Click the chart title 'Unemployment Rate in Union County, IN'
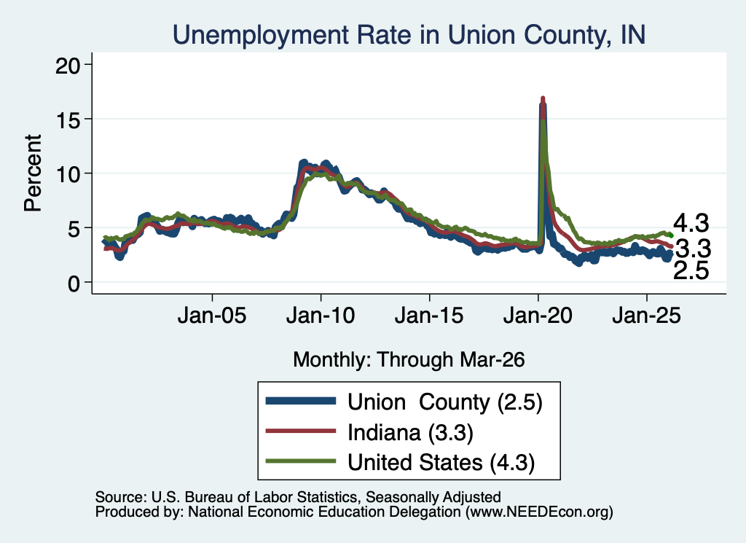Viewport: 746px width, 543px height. (x=409, y=35)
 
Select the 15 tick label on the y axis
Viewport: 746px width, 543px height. (x=67, y=119)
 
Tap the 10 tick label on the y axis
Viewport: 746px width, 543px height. (x=67, y=173)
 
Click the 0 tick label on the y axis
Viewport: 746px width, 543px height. (x=74, y=284)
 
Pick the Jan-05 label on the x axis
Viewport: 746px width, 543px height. (x=212, y=316)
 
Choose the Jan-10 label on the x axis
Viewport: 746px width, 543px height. (x=321, y=316)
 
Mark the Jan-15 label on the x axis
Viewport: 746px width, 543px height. (x=429, y=316)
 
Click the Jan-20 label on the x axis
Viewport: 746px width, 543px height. (x=538, y=316)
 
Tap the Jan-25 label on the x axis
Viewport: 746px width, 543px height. (x=647, y=316)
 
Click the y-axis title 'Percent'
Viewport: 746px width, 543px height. (x=34, y=173)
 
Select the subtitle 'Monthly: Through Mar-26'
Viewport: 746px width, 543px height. (x=409, y=360)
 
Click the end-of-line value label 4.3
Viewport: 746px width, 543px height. (x=691, y=223)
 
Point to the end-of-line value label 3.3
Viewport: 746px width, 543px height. (x=693, y=249)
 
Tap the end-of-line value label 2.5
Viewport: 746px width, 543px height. (x=691, y=271)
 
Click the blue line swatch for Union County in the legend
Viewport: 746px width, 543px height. (x=301, y=401)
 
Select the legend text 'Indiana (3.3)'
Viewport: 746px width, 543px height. (x=410, y=433)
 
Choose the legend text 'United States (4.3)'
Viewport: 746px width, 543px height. (x=441, y=463)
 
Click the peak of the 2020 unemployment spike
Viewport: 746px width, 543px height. (x=542, y=98)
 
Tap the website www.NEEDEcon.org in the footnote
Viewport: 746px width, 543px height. (x=539, y=512)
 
